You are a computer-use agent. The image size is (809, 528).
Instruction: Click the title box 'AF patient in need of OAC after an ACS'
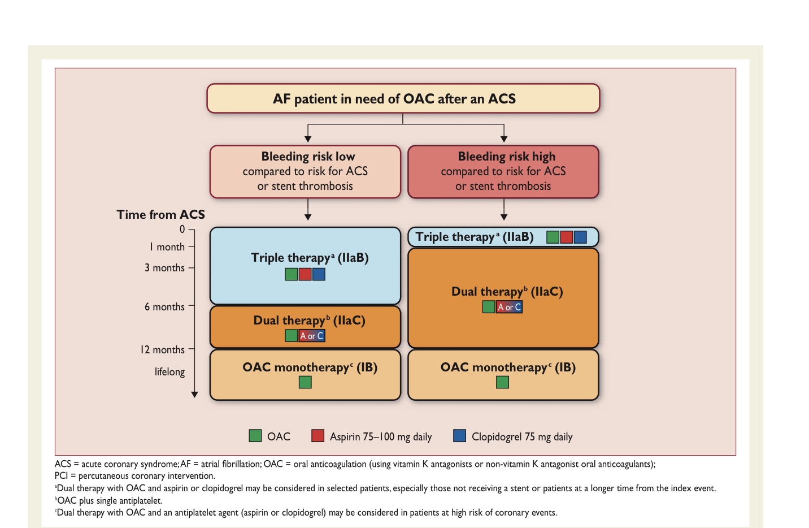tap(403, 99)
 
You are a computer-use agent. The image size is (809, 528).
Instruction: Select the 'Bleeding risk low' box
tap(305, 171)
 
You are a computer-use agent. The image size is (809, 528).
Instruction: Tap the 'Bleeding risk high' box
tap(503, 171)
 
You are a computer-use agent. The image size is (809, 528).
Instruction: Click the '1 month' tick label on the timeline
tap(167, 247)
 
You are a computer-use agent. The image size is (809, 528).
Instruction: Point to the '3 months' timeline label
tap(164, 268)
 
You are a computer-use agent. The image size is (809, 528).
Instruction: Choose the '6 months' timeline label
tap(164, 307)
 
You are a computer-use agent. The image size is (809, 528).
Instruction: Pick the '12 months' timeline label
tap(162, 350)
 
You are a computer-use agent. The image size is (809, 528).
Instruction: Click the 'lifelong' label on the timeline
tap(169, 372)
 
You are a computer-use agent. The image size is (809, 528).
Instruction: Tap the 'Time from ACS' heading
tap(160, 215)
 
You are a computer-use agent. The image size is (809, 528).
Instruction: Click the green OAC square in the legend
tap(255, 436)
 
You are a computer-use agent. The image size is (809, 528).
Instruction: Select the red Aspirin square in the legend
tap(317, 436)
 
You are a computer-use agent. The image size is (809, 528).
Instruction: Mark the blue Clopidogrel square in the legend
tap(459, 436)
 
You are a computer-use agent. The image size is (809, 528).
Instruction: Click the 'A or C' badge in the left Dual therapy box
tap(312, 336)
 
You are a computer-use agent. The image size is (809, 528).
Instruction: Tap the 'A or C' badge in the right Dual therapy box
tap(510, 307)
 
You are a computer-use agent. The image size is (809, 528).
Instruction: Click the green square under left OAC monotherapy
tap(305, 383)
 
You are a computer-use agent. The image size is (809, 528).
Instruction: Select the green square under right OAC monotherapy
tap(502, 383)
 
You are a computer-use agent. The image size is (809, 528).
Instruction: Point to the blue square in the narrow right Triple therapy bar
tap(580, 237)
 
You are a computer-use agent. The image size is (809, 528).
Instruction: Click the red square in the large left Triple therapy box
tap(305, 275)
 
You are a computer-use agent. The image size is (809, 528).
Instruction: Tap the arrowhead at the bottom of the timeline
tap(194, 395)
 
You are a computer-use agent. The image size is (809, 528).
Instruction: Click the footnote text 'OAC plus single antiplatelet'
tap(110, 500)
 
